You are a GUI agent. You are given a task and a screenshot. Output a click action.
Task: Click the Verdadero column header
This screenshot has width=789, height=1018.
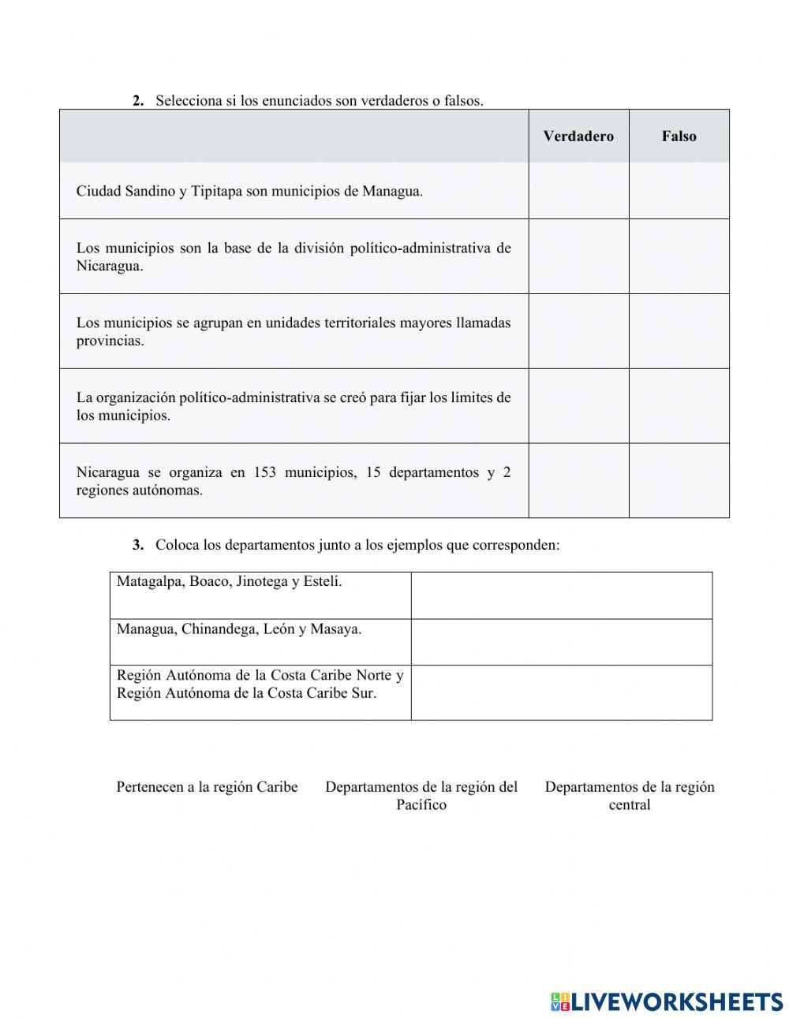(x=578, y=136)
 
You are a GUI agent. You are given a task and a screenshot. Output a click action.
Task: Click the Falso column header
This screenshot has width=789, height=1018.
(x=679, y=136)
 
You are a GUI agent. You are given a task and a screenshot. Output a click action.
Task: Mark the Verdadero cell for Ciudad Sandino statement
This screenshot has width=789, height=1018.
(x=578, y=191)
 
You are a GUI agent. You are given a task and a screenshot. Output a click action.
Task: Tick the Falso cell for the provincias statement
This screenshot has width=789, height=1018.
(x=679, y=331)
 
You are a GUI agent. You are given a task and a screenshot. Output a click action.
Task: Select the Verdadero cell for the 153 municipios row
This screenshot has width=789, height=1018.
(x=578, y=480)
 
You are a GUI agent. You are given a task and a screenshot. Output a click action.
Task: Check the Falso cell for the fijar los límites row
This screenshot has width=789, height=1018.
(x=679, y=405)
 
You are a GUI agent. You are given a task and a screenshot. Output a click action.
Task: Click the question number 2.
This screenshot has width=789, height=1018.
(x=138, y=101)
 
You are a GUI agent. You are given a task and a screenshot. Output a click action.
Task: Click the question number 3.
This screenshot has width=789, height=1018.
(x=138, y=545)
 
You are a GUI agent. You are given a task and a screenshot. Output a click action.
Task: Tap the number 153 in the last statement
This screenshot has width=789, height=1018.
(x=265, y=472)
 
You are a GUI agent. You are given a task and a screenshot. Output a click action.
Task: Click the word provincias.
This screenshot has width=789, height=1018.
(x=110, y=341)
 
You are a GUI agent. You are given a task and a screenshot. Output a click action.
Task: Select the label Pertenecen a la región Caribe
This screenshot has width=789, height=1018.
(x=207, y=787)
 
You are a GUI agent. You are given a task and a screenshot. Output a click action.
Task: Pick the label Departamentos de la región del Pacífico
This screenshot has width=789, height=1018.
(x=421, y=795)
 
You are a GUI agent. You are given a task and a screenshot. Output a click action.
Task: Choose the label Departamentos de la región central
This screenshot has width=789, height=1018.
(x=629, y=795)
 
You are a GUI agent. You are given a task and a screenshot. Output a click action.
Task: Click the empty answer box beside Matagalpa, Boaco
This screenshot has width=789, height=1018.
(x=561, y=595)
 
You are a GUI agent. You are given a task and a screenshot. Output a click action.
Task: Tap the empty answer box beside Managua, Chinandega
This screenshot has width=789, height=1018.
(x=561, y=642)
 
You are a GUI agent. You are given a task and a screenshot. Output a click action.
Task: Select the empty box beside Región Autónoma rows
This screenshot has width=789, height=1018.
(x=561, y=692)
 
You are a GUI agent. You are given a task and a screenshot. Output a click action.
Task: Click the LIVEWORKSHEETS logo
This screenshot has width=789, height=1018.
(x=667, y=1001)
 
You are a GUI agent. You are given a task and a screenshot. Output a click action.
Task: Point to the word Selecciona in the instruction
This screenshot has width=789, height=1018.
(x=184, y=101)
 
